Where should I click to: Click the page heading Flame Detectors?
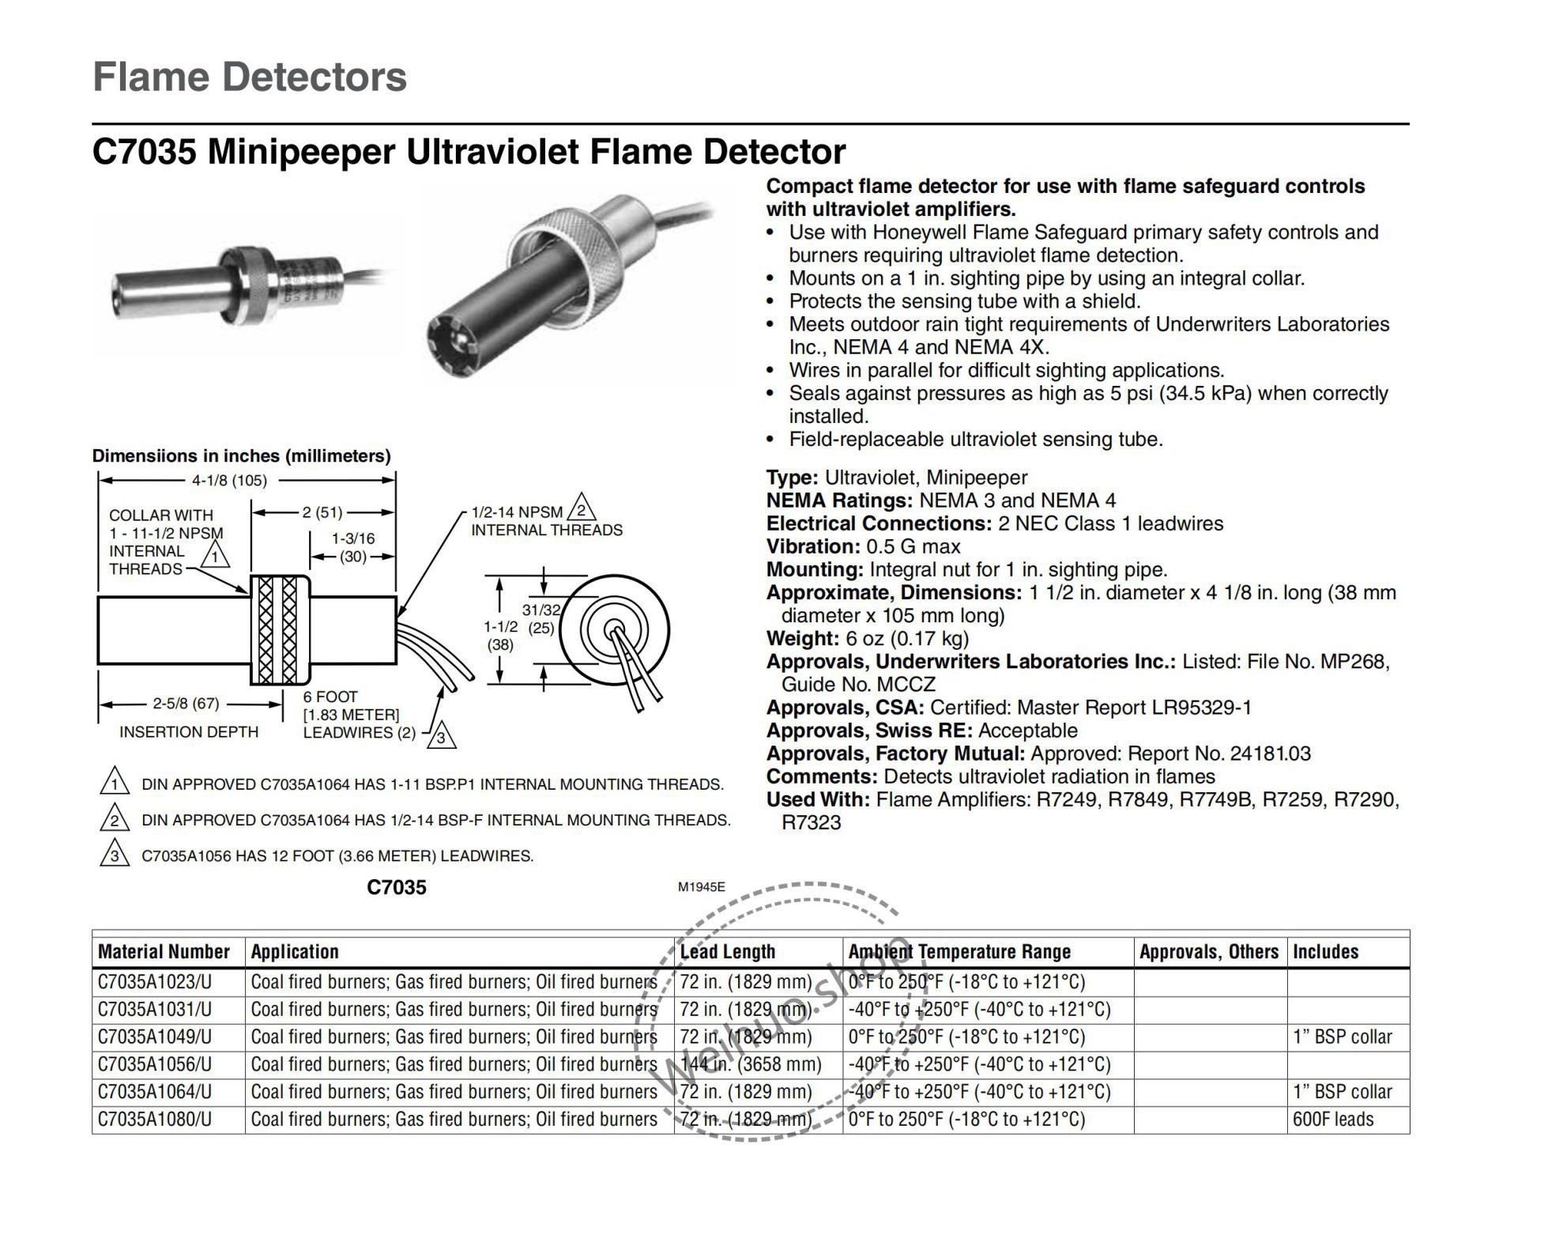point(250,77)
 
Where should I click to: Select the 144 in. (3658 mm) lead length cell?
point(751,1064)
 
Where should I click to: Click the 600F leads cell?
point(1333,1120)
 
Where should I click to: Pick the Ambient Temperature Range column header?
point(959,952)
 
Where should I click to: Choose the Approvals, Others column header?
point(1208,952)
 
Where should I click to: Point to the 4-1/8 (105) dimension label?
point(229,481)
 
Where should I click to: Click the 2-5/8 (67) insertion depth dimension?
point(186,703)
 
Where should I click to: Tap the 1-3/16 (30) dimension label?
point(353,547)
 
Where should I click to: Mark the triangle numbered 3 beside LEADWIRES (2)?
point(442,737)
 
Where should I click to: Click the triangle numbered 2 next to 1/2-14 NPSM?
point(581,510)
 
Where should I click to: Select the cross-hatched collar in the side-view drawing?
point(279,629)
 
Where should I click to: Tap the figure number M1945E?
point(701,887)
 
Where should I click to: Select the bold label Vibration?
point(813,547)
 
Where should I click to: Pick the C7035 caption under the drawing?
point(397,888)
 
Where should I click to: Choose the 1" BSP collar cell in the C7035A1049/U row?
point(1342,1037)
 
